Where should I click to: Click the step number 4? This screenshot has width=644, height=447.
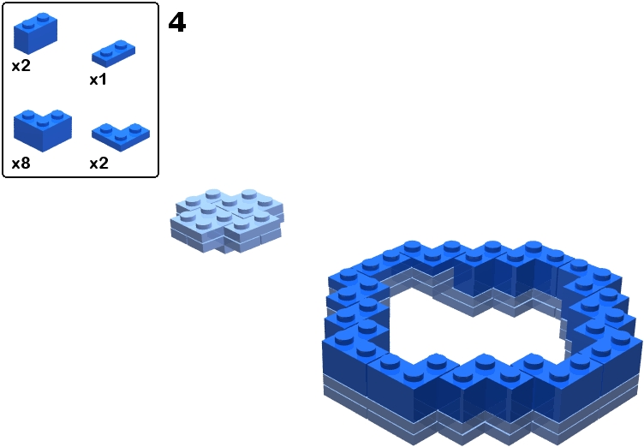(x=177, y=22)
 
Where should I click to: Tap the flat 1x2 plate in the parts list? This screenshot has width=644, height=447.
(x=114, y=53)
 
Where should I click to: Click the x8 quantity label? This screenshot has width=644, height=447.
(x=21, y=163)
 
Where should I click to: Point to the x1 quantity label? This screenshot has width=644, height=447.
(x=98, y=80)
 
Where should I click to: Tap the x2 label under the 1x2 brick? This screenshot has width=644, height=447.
(x=21, y=65)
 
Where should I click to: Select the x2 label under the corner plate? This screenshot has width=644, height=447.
(x=99, y=163)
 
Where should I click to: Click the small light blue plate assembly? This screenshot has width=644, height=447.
(x=227, y=220)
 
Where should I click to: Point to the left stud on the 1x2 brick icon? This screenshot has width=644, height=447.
(x=27, y=25)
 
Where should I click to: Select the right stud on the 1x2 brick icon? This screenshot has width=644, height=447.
(x=42, y=19)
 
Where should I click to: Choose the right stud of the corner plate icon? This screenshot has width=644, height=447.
(x=134, y=128)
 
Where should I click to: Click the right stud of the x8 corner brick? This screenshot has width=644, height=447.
(x=58, y=114)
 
